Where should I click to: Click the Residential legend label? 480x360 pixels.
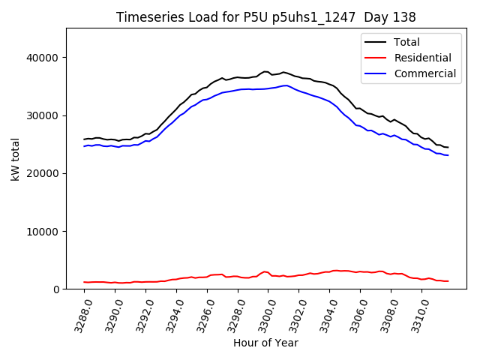(422, 58)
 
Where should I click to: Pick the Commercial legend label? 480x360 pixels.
(424, 73)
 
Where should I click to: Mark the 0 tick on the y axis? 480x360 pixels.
(56, 289)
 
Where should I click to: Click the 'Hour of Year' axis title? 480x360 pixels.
(265, 343)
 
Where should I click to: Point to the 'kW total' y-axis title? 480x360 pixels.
(16, 158)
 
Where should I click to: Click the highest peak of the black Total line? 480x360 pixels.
(265, 71)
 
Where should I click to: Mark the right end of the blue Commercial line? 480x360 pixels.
(448, 155)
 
